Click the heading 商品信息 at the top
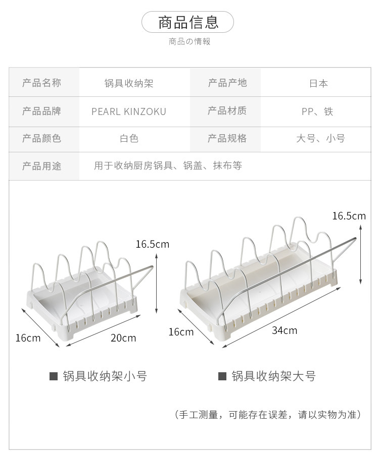188,22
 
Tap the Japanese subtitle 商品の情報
189,41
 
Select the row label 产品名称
41,83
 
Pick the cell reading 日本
318,83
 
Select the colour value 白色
129,138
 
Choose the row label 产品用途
41,166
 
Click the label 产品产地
227,83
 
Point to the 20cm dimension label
123,337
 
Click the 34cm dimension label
285,330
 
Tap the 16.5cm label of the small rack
152,244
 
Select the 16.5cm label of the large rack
349,216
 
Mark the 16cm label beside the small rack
28,337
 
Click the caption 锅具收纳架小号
105,376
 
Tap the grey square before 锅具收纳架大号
222,376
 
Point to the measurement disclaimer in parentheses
268,415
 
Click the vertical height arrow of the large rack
361,255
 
